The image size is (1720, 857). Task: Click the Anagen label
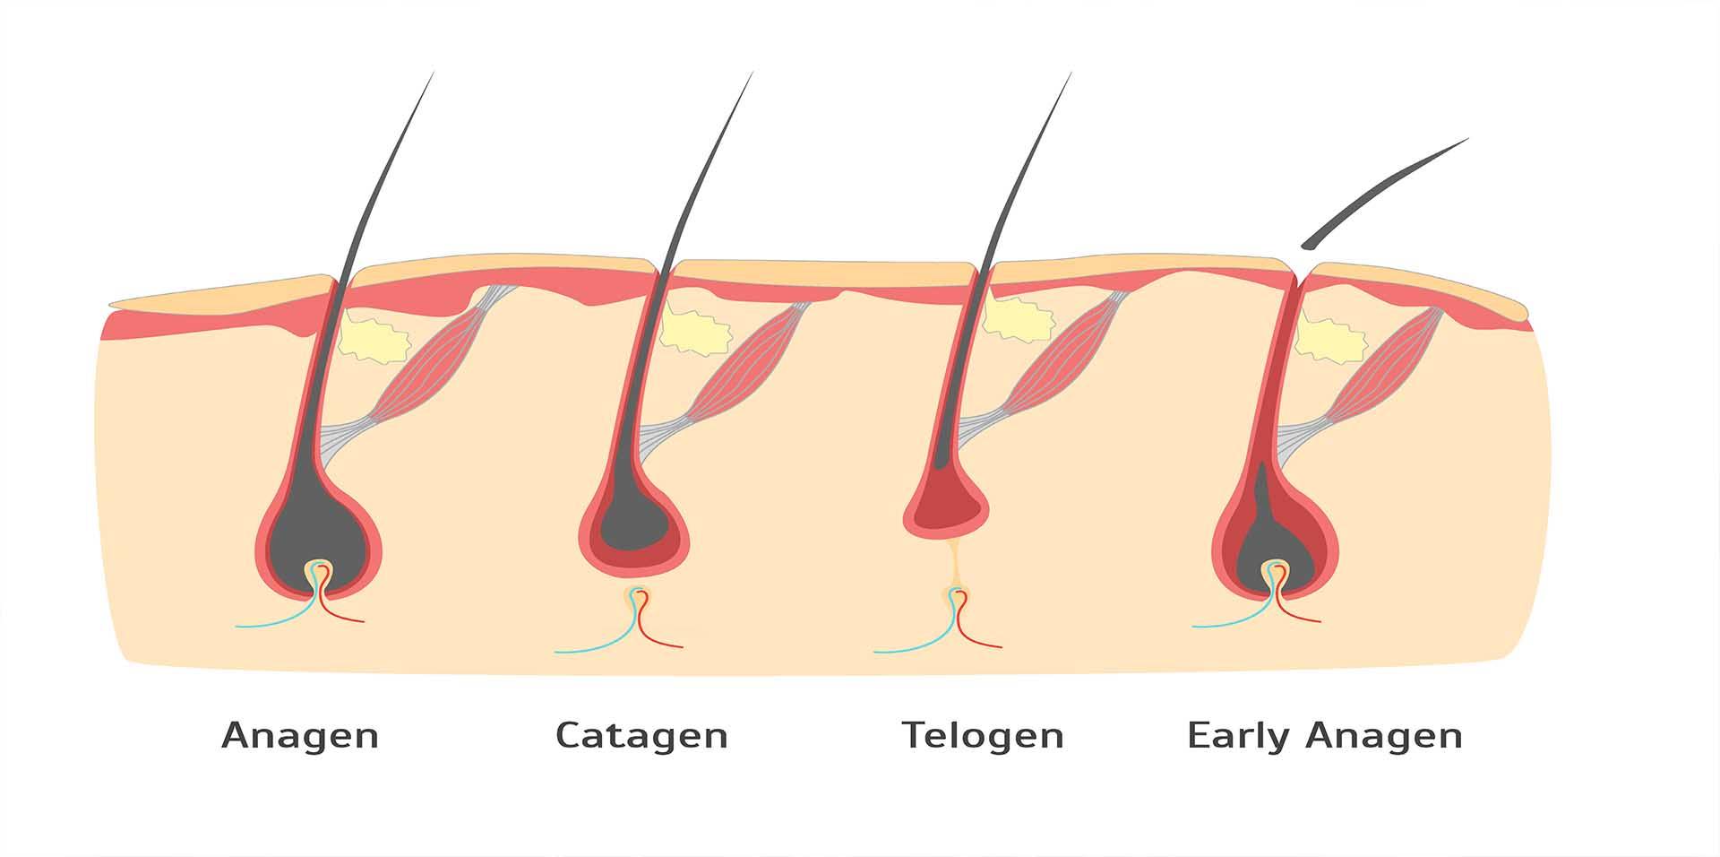300,736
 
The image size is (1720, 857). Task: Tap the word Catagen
641,736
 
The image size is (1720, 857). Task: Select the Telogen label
983,736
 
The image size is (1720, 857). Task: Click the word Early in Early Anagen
1239,736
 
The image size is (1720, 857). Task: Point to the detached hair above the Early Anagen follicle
1384,192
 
